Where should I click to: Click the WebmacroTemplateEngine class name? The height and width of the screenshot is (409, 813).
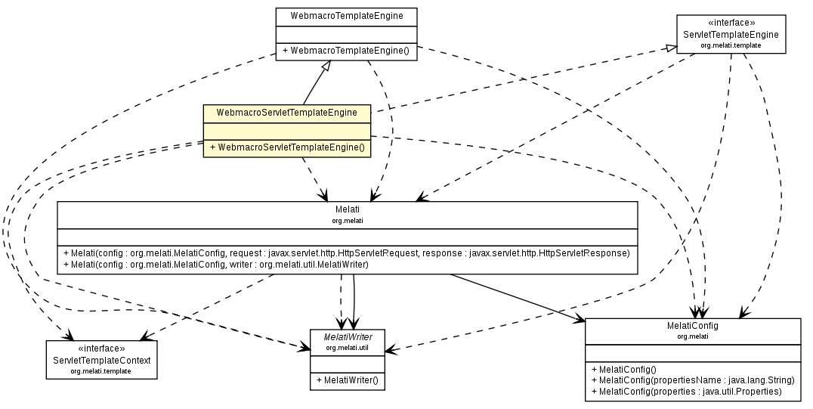[x=347, y=15]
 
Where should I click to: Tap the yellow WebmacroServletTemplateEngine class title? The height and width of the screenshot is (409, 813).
[x=286, y=113]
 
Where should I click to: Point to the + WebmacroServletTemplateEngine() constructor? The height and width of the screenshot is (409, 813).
[x=287, y=148]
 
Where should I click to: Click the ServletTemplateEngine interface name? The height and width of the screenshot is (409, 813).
[x=731, y=35]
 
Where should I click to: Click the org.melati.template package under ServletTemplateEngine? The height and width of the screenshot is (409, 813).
[x=731, y=45]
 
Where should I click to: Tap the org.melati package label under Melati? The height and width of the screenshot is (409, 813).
[x=348, y=221]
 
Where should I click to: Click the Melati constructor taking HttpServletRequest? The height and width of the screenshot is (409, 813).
[x=347, y=253]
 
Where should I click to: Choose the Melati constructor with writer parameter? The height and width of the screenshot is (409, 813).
[x=216, y=265]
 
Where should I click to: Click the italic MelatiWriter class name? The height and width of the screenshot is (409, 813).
[x=348, y=336]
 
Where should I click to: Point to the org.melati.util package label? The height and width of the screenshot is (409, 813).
[x=348, y=347]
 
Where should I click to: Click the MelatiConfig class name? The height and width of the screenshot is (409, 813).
[x=693, y=325]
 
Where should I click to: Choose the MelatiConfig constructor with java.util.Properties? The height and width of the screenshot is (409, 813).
[x=687, y=392]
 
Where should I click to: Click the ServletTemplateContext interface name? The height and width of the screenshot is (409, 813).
[x=101, y=360]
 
